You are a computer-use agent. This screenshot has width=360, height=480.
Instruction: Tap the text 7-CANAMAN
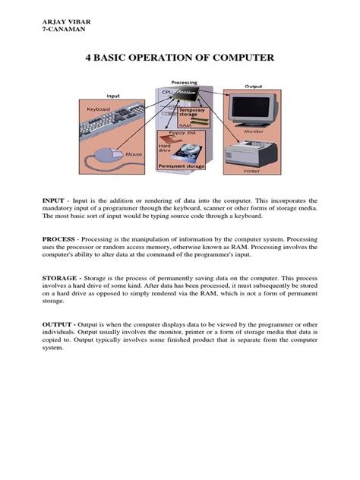coord(61,30)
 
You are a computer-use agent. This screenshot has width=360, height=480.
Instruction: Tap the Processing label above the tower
coord(184,82)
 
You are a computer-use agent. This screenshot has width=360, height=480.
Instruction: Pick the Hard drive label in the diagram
coord(166,147)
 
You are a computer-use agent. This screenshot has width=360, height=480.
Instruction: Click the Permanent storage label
coord(182,164)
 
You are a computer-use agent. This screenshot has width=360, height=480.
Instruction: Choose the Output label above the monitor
coord(253,87)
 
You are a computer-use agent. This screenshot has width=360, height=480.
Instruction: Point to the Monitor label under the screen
coord(253,131)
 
